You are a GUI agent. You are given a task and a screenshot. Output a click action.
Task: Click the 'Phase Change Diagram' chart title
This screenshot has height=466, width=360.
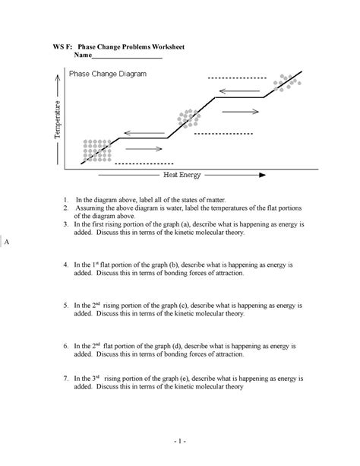click(x=108, y=74)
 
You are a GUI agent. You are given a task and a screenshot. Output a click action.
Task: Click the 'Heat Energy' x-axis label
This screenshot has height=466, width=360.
click(x=182, y=175)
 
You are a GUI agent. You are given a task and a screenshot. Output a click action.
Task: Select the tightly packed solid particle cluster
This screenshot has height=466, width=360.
click(x=96, y=150)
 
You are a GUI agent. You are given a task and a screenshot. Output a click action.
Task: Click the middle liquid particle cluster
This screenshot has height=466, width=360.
click(x=188, y=119)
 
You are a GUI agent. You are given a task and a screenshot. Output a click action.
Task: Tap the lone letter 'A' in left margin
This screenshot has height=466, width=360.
click(x=5, y=243)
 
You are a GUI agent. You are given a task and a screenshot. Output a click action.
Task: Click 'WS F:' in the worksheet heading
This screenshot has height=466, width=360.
click(x=63, y=47)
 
